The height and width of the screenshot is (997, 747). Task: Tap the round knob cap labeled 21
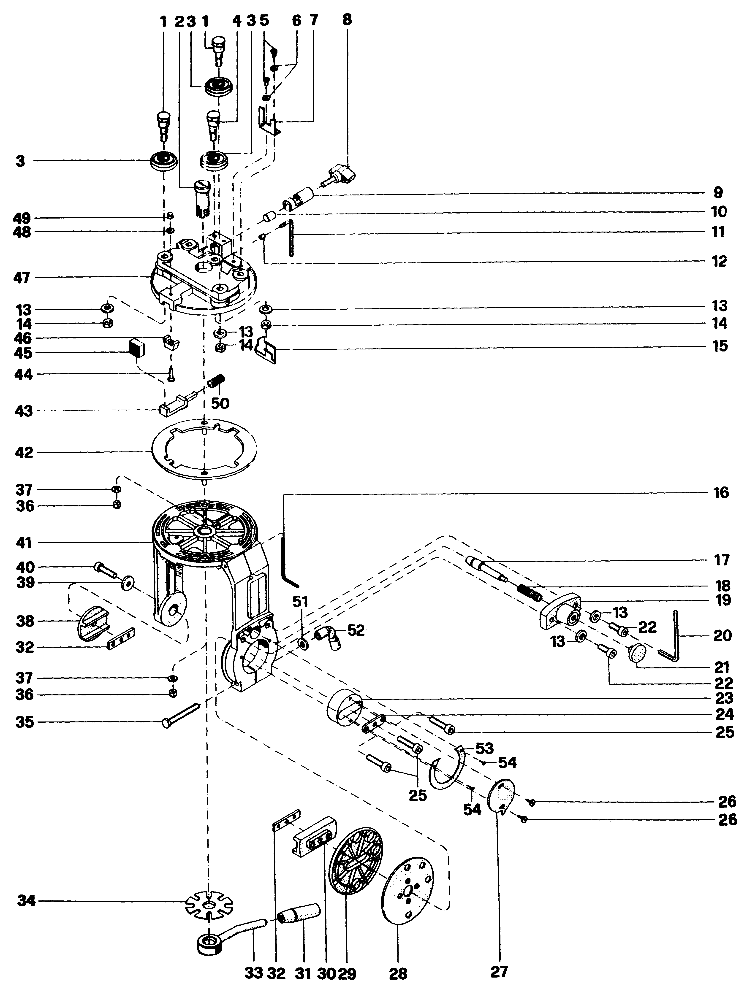637,652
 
